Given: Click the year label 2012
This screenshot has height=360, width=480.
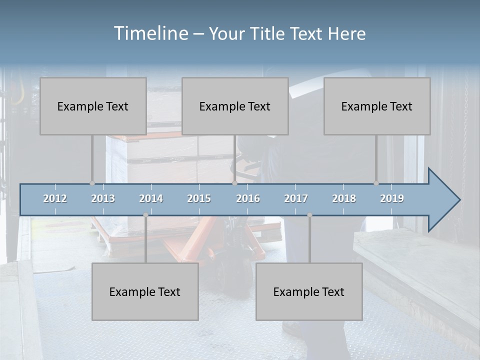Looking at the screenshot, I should [x=55, y=198].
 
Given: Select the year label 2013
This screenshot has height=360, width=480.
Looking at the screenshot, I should [x=103, y=198].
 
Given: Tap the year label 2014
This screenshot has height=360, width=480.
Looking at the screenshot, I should [x=151, y=198].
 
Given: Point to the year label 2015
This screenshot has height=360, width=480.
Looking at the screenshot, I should [x=199, y=198].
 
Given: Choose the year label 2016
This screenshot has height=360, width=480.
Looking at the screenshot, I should [x=248, y=198].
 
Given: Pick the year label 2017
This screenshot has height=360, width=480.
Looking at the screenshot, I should [x=296, y=198].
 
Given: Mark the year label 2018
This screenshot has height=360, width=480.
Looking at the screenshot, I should [x=344, y=198].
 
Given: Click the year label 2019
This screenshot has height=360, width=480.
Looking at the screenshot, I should [x=392, y=198].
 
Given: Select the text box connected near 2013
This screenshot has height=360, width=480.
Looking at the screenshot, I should [x=93, y=106].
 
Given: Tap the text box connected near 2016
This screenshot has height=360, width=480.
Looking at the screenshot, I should [x=235, y=106].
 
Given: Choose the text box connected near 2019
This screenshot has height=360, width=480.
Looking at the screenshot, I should [x=377, y=106].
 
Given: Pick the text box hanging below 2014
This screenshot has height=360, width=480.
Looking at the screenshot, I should [x=145, y=291].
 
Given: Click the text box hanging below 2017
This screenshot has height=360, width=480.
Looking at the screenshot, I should [x=309, y=291].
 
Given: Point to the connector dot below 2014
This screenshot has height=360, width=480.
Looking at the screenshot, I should [x=145, y=215].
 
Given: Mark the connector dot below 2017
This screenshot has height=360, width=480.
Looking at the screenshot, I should [x=309, y=215].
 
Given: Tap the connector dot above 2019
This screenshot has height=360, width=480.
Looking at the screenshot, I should [x=376, y=183].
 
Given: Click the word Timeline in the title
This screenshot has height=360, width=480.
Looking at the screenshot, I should [x=150, y=33].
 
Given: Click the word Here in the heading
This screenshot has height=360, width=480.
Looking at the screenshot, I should [x=346, y=34].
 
